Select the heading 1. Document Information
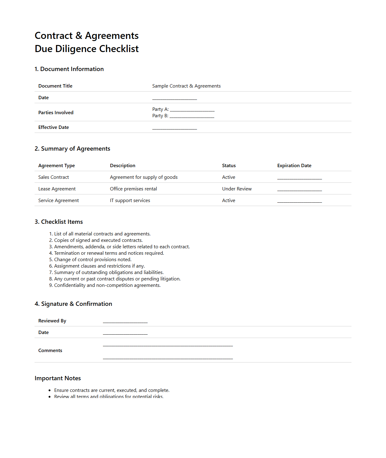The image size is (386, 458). tap(69, 69)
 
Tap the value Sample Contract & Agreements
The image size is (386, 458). tap(186, 86)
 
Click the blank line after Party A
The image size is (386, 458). tap(192, 110)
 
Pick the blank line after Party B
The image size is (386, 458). tap(192, 116)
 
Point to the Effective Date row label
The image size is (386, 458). tap(53, 127)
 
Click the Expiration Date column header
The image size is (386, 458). tap(294, 166)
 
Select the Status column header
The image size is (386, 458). tap(229, 166)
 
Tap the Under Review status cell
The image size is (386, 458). tap(237, 189)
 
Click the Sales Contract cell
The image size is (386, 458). tap(53, 177)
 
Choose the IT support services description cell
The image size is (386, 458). tap(130, 201)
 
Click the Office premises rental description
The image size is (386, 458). tap(133, 189)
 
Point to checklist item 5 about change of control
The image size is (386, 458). tap(92, 260)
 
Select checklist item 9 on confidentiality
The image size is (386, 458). tap(107, 285)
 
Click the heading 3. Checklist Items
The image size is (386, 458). tap(59, 222)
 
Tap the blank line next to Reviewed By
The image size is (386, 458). tap(125, 321)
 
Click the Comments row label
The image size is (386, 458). tap(50, 351)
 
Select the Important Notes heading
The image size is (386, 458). tap(58, 378)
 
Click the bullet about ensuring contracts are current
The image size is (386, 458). tap(112, 390)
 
